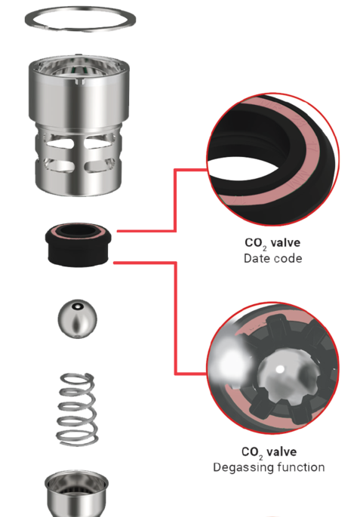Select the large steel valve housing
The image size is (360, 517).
[x=78, y=125]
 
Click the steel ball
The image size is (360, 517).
[x=78, y=319]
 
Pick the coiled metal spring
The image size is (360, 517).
[x=78, y=410]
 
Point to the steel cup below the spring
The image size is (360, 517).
[x=76, y=494]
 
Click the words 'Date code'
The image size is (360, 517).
[x=272, y=258]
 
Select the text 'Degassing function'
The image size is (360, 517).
[x=269, y=467]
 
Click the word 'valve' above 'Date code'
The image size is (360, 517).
[x=285, y=243]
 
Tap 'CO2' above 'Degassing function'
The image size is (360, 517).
[x=252, y=452]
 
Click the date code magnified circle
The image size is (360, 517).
[x=273, y=159]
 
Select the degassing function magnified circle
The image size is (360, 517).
[x=273, y=368]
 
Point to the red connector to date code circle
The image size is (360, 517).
[x=175, y=200]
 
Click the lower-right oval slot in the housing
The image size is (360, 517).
[x=98, y=165]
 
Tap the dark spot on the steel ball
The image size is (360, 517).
[x=78, y=306]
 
